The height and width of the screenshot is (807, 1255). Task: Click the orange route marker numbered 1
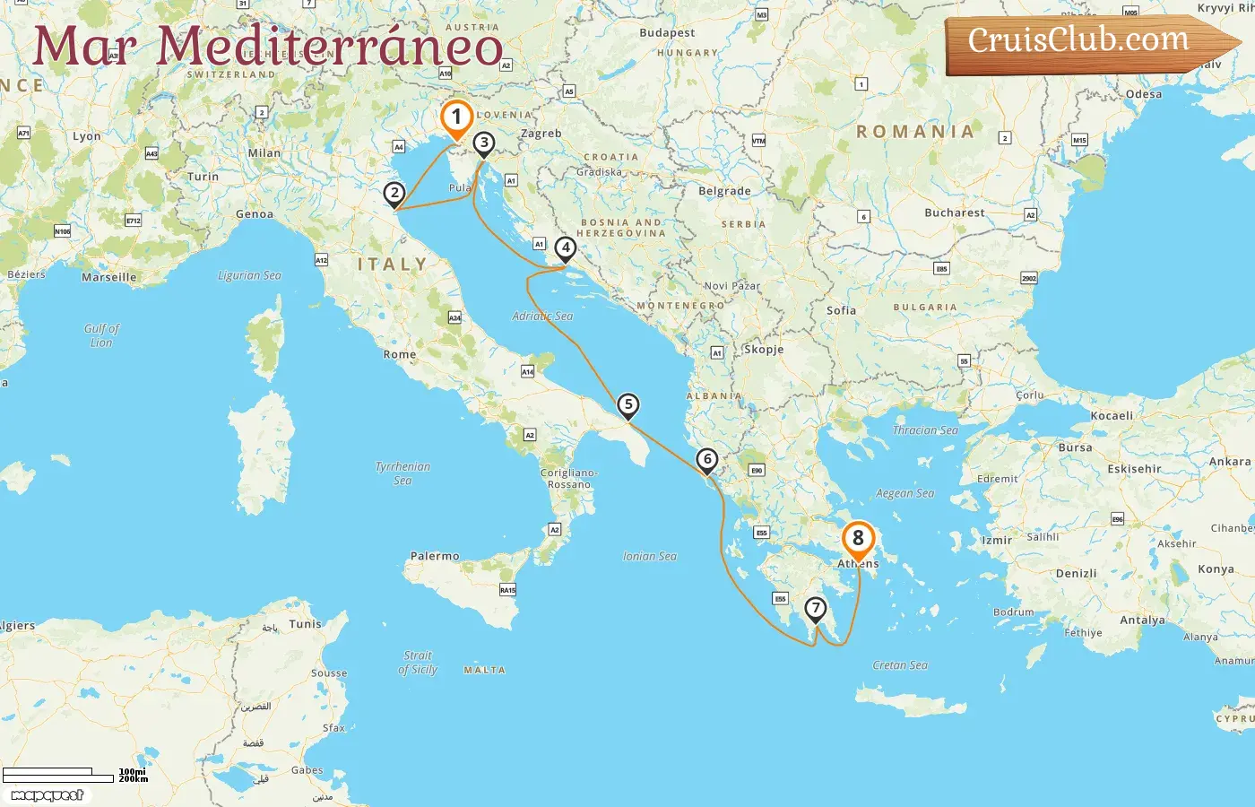(456, 117)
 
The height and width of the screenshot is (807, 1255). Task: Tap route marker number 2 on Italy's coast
(394, 193)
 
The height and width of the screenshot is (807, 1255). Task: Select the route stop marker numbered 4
(565, 248)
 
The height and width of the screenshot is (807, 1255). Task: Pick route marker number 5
(628, 405)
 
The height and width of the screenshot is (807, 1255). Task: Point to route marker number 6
(707, 460)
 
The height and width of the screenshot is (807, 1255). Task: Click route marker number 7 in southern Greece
(815, 609)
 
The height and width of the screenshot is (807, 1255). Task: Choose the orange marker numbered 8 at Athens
(858, 539)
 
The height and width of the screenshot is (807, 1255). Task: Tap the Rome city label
(400, 354)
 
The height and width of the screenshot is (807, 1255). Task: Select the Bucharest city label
(954, 213)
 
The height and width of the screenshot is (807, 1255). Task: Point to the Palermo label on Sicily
(435, 556)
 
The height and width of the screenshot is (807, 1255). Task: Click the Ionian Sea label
(650, 556)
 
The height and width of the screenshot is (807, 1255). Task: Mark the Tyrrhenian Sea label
(402, 473)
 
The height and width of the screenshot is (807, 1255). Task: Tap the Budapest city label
(667, 33)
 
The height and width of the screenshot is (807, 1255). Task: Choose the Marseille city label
(109, 277)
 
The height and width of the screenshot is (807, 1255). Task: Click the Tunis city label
(305, 624)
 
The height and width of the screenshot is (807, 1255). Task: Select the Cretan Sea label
(900, 665)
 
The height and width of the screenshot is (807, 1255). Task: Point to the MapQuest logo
(48, 795)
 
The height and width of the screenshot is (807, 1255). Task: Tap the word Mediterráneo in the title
(330, 47)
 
